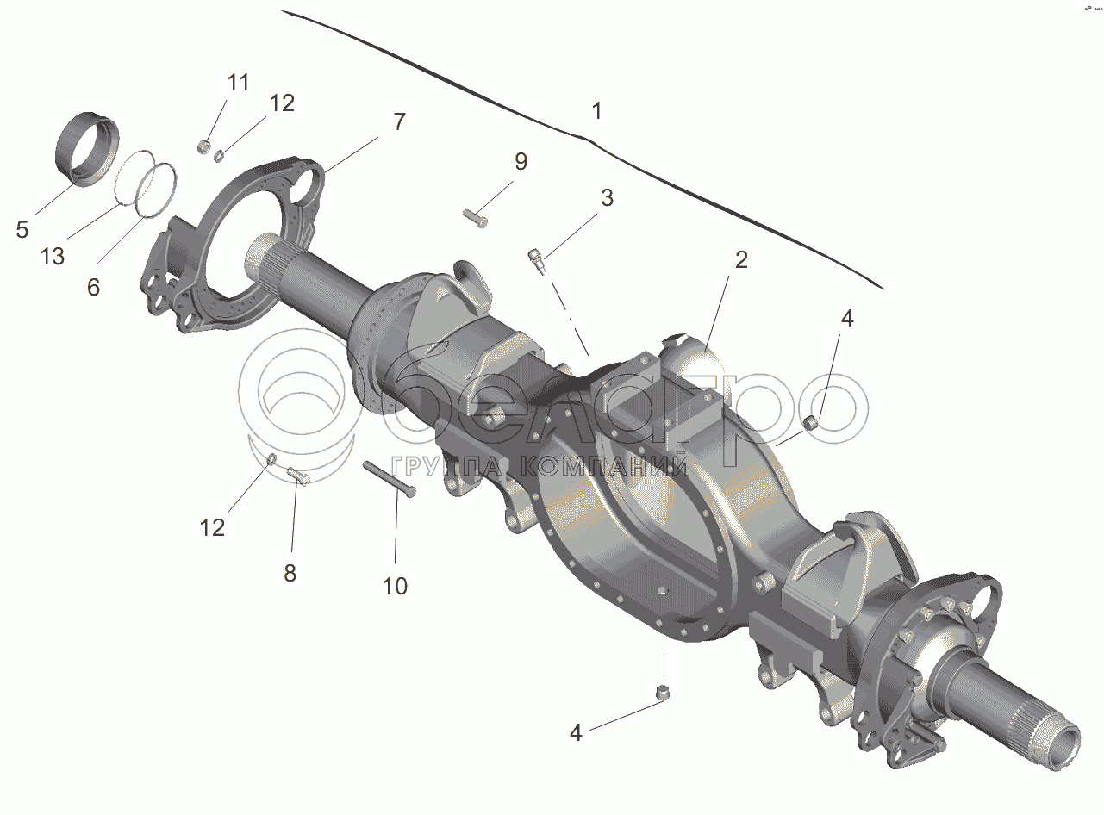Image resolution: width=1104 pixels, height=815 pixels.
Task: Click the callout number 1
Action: (596, 110)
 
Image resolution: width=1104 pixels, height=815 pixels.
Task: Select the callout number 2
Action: (741, 260)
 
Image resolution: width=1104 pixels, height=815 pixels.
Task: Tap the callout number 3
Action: (607, 198)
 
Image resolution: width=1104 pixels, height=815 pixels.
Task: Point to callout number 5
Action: (22, 229)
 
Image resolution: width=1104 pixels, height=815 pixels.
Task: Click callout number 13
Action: (53, 257)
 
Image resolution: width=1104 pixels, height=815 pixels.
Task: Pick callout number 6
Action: (94, 287)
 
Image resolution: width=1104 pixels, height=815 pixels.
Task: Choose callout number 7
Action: (399, 121)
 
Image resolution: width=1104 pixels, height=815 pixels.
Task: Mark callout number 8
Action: (290, 573)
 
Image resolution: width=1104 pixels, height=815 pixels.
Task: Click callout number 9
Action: (521, 162)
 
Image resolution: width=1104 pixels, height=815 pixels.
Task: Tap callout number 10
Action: (395, 586)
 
